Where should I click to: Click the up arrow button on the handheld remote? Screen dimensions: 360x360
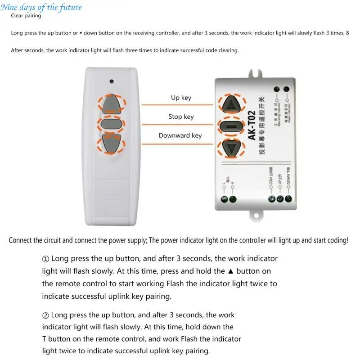(x=111, y=105)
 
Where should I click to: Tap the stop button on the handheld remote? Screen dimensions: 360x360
(x=111, y=124)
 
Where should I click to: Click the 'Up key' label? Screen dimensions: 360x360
(x=181, y=98)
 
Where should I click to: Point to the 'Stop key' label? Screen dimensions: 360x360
(x=181, y=117)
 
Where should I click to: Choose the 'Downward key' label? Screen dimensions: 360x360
(x=180, y=135)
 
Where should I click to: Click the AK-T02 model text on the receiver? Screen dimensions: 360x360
(x=251, y=126)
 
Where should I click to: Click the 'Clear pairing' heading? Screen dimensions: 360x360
(x=26, y=16)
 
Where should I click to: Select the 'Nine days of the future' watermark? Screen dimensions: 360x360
(x=41, y=7)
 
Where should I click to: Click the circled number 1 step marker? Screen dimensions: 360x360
(x=45, y=259)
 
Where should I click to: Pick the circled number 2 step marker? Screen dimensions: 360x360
(x=45, y=315)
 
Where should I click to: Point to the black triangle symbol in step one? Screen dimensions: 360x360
(x=231, y=271)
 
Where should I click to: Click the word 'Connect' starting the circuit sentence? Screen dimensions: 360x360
(x=21, y=240)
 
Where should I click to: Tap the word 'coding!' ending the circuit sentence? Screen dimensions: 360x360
(x=336, y=240)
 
